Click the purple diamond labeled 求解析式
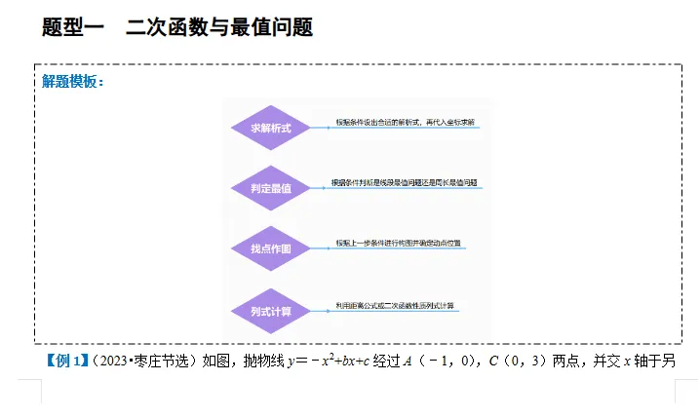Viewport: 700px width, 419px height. coord(270,128)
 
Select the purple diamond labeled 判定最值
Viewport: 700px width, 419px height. coord(270,188)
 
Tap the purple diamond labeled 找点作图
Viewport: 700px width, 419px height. coord(270,248)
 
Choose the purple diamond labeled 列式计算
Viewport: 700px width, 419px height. coord(270,311)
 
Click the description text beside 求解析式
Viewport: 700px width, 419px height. coord(406,123)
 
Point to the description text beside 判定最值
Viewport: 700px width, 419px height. coord(410,182)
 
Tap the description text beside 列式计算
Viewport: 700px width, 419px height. coord(395,306)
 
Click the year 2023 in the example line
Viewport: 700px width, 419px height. coord(111,362)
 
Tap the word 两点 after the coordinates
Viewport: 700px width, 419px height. coord(570,362)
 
